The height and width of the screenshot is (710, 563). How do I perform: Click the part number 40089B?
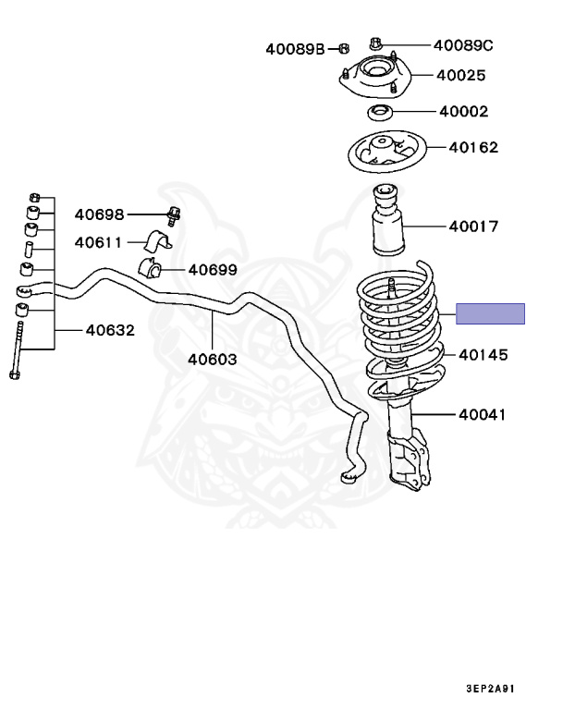[295, 48]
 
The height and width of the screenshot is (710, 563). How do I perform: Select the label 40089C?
[463, 44]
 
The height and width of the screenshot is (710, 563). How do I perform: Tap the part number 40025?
[462, 77]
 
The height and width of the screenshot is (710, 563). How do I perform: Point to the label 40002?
[463, 112]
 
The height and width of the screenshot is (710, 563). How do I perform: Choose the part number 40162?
[473, 147]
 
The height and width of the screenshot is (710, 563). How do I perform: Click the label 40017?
[473, 226]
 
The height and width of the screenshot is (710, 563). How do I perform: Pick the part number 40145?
[483, 354]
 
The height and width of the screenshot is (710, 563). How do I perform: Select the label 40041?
[483, 415]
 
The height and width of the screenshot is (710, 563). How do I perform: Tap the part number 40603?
[213, 360]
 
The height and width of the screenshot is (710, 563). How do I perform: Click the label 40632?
[110, 329]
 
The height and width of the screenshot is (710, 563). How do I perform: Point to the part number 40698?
[99, 214]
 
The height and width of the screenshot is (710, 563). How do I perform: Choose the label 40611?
[99, 243]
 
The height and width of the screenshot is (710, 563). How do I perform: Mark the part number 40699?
[213, 270]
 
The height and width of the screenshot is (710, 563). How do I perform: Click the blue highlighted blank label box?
[493, 313]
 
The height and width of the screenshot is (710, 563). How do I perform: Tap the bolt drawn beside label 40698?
[173, 216]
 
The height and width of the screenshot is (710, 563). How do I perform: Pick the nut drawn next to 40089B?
[342, 48]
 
